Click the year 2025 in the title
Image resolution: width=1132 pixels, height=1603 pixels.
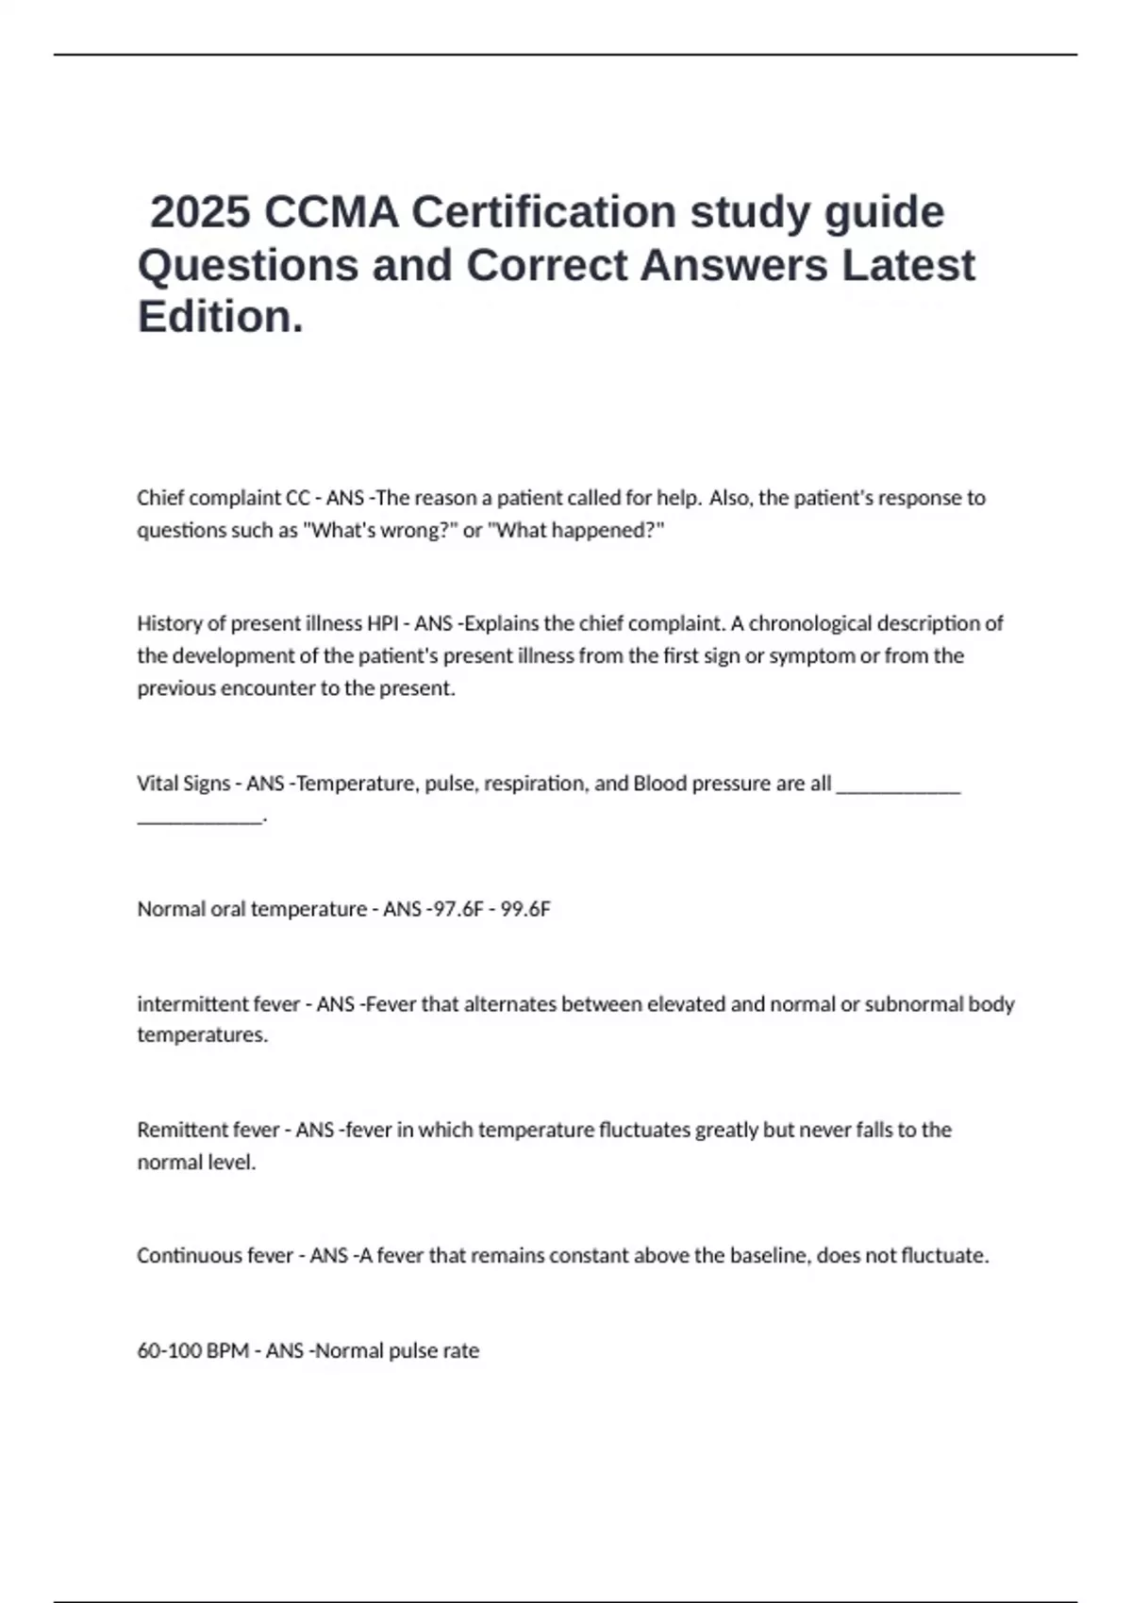(200, 211)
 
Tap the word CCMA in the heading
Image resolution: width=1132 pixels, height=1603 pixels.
(331, 211)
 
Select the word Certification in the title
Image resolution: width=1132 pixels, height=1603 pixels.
(544, 211)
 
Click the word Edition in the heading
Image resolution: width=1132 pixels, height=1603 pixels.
(220, 317)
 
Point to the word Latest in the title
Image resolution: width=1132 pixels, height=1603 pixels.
(907, 265)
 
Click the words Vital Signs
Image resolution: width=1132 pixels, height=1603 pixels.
(183, 784)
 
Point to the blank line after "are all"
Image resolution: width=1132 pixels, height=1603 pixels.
(898, 788)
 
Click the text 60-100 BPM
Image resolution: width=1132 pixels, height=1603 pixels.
(192, 1351)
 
